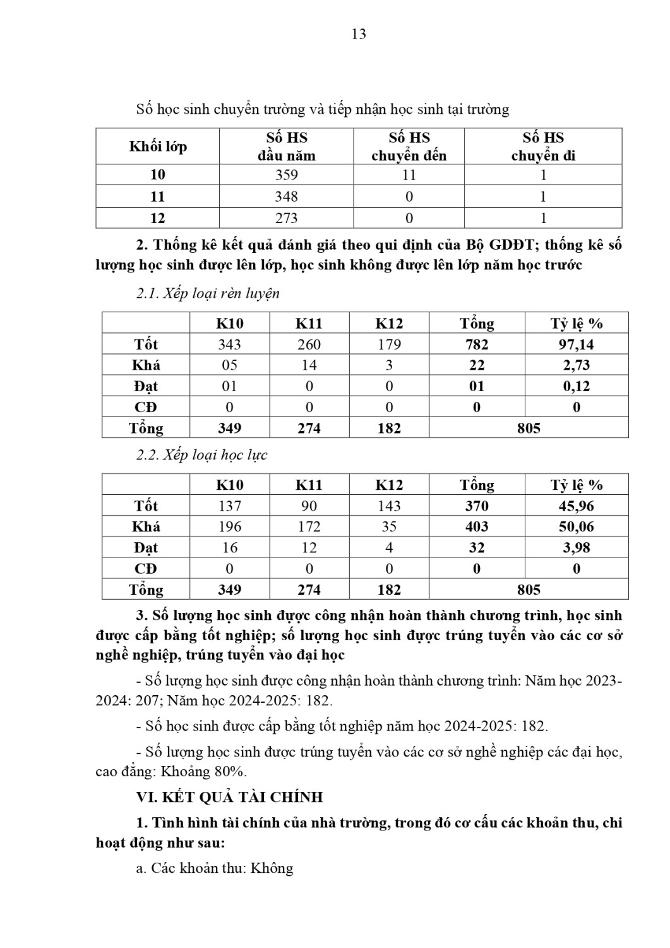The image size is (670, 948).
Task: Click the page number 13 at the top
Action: [358, 34]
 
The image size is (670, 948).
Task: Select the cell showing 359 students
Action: [286, 175]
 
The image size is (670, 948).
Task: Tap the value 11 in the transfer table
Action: [409, 175]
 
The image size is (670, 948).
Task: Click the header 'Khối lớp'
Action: [158, 147]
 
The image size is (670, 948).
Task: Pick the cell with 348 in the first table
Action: [286, 197]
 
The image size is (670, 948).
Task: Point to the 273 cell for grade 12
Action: [286, 218]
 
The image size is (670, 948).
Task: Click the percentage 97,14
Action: [576, 344]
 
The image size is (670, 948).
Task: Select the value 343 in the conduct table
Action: [229, 344]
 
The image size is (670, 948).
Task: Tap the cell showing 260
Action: [309, 344]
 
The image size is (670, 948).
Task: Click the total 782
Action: [476, 344]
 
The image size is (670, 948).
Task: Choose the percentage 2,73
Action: [576, 365]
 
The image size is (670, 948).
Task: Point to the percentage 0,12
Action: [576, 386]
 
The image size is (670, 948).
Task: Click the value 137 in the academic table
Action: [229, 506]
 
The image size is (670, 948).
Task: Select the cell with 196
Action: [229, 526]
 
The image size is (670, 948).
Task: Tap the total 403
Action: [476, 526]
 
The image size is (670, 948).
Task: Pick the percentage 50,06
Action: [576, 526]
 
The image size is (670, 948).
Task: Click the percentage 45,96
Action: [576, 506]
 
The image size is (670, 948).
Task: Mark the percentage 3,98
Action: [576, 547]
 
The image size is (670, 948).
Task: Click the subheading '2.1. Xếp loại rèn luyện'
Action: [208, 294]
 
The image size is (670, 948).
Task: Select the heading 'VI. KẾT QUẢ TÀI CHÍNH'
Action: [229, 797]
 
